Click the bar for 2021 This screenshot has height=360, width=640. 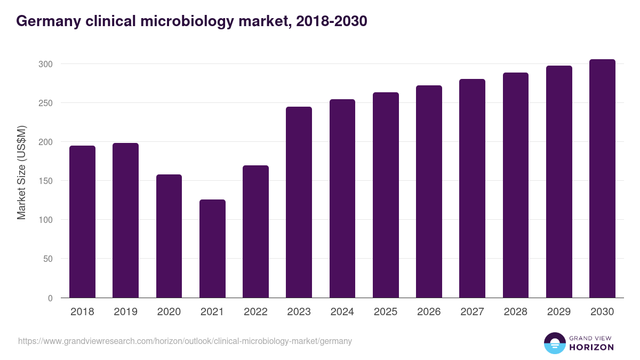212,249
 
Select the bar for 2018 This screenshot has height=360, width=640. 82,222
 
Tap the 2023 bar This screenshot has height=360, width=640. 299,202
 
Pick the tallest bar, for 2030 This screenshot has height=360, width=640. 602,179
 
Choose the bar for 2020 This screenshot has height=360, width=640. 169,236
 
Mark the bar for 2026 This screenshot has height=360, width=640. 429,191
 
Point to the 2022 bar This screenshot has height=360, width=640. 255,231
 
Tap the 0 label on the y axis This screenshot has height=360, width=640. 50,298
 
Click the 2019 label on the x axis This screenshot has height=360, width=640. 125,312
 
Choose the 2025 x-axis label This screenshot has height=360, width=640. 386,312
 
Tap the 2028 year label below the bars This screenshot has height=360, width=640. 516,312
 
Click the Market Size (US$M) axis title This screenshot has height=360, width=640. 21,172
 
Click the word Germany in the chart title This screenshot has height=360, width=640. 47,21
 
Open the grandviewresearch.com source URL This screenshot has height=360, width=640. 185,341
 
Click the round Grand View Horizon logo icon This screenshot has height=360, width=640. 555,343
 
